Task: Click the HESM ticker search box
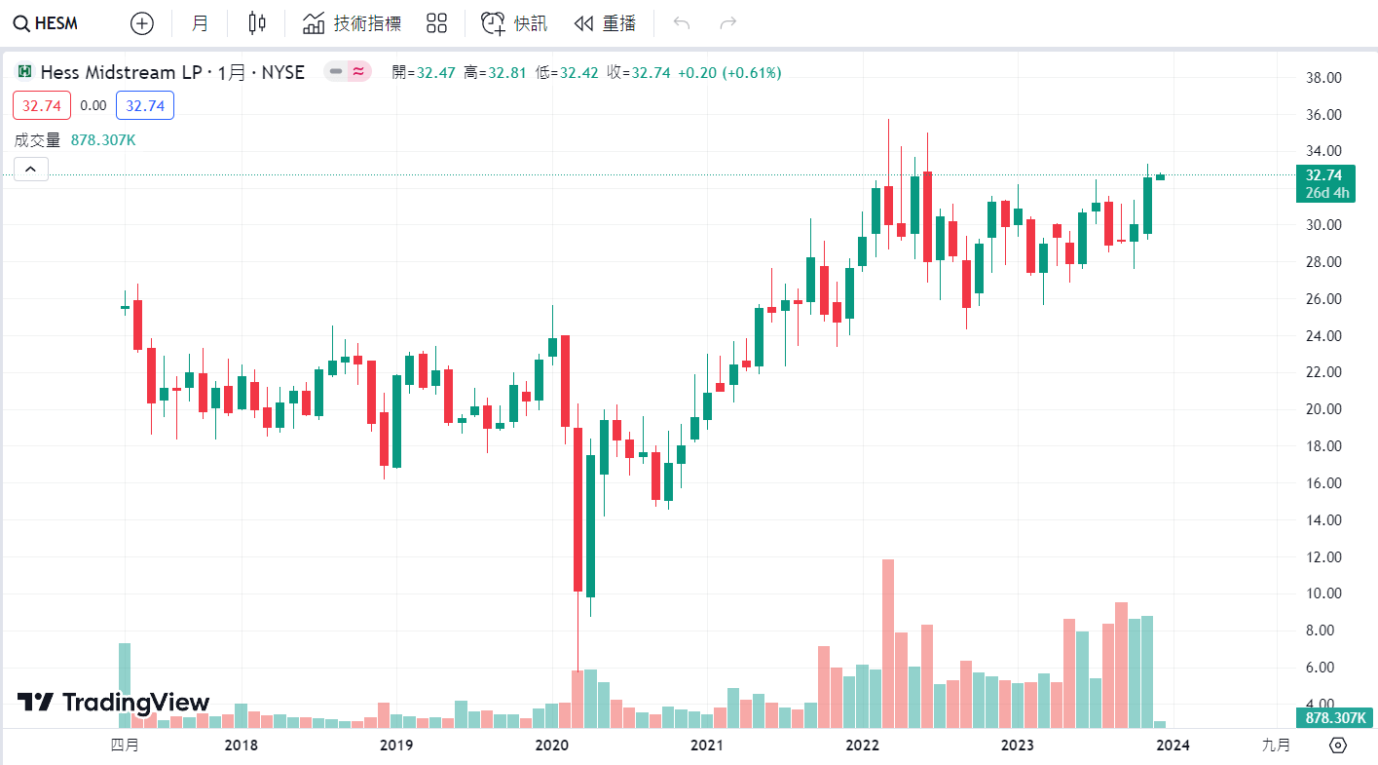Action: pyautogui.click(x=47, y=23)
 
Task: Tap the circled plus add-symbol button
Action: pyautogui.click(x=142, y=23)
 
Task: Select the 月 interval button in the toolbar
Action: pyautogui.click(x=200, y=23)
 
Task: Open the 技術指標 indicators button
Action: pyautogui.click(x=353, y=23)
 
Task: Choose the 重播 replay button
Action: pyautogui.click(x=605, y=23)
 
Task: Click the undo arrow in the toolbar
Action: pyautogui.click(x=682, y=23)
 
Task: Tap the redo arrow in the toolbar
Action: pyautogui.click(x=727, y=23)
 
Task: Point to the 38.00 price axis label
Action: pyautogui.click(x=1323, y=78)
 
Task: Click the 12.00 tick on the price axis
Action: pyautogui.click(x=1323, y=557)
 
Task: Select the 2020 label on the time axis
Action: pyautogui.click(x=551, y=746)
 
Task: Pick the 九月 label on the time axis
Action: pyautogui.click(x=1276, y=746)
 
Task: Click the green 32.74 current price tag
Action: pyautogui.click(x=1327, y=183)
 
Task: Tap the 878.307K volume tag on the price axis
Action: pyautogui.click(x=1333, y=718)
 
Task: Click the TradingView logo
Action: pyautogui.click(x=113, y=702)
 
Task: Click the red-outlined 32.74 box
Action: pyautogui.click(x=42, y=105)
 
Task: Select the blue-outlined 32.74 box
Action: pyautogui.click(x=145, y=105)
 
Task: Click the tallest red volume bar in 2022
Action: pyautogui.click(x=887, y=643)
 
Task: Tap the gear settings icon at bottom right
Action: pyautogui.click(x=1338, y=746)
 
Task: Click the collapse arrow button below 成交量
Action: pyautogui.click(x=30, y=170)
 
